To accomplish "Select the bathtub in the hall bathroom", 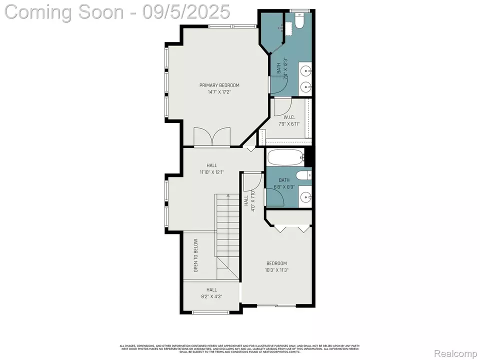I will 285,158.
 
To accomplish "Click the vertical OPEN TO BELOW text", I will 195,255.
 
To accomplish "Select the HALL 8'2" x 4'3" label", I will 212,292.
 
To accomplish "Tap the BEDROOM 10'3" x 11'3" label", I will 276,266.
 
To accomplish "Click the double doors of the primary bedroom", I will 212,137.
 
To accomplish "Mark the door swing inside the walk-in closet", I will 283,106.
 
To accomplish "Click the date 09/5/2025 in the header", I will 186,11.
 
